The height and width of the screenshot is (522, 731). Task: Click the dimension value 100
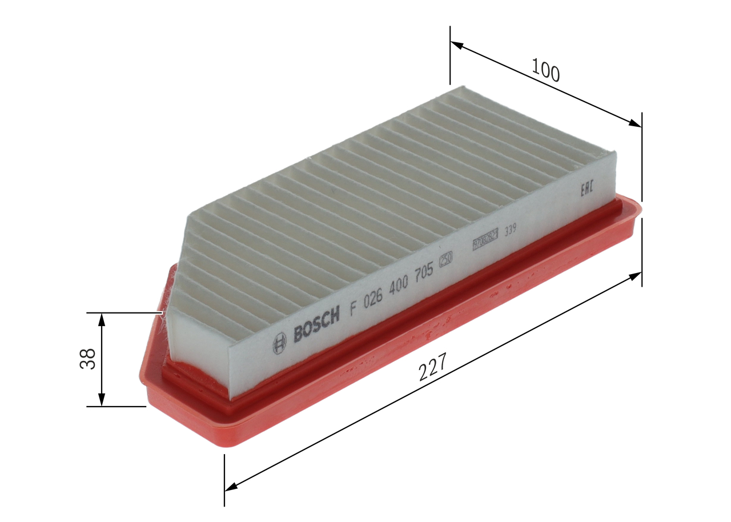(x=545, y=70)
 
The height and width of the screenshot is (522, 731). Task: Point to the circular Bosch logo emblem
(x=279, y=343)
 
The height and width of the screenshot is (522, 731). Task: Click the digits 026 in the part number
(x=375, y=298)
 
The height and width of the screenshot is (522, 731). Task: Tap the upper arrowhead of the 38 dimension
(x=102, y=318)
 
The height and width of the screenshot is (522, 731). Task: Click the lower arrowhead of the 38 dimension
(x=102, y=401)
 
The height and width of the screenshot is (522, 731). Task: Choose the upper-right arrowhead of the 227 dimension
(x=636, y=276)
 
